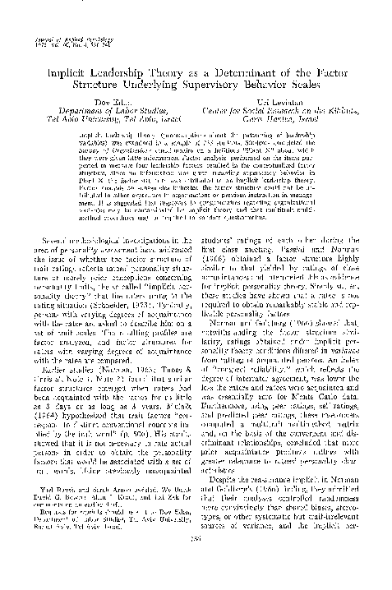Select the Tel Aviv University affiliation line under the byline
pos(104,120)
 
